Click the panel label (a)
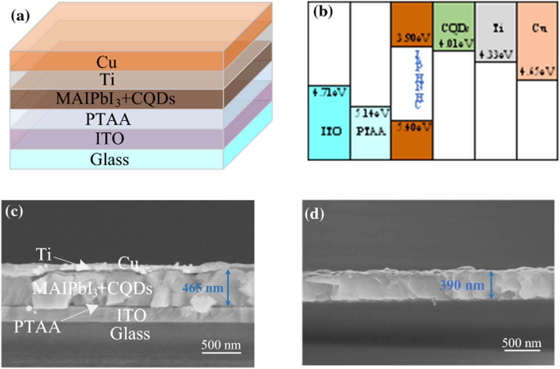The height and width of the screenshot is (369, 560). point(20,16)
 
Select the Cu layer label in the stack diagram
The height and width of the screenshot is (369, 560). point(106,62)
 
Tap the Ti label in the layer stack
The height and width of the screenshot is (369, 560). point(107,79)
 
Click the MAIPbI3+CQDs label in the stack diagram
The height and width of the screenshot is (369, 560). point(115,99)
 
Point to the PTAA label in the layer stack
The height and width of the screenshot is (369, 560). point(108,120)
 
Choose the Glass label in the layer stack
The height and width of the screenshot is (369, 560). point(109,159)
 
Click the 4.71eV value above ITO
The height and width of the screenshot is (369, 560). point(329,92)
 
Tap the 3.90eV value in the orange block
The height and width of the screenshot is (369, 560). point(413,38)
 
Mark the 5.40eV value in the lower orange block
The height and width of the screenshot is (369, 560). point(413,128)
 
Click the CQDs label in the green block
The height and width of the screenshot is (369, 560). point(455,28)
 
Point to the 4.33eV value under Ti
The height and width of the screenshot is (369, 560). point(496,55)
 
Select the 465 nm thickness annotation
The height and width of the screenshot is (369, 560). point(203,288)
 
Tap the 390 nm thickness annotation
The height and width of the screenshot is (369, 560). point(462,285)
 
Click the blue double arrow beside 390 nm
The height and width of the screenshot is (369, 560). point(491,285)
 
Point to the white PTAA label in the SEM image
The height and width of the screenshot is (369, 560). point(37,327)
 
